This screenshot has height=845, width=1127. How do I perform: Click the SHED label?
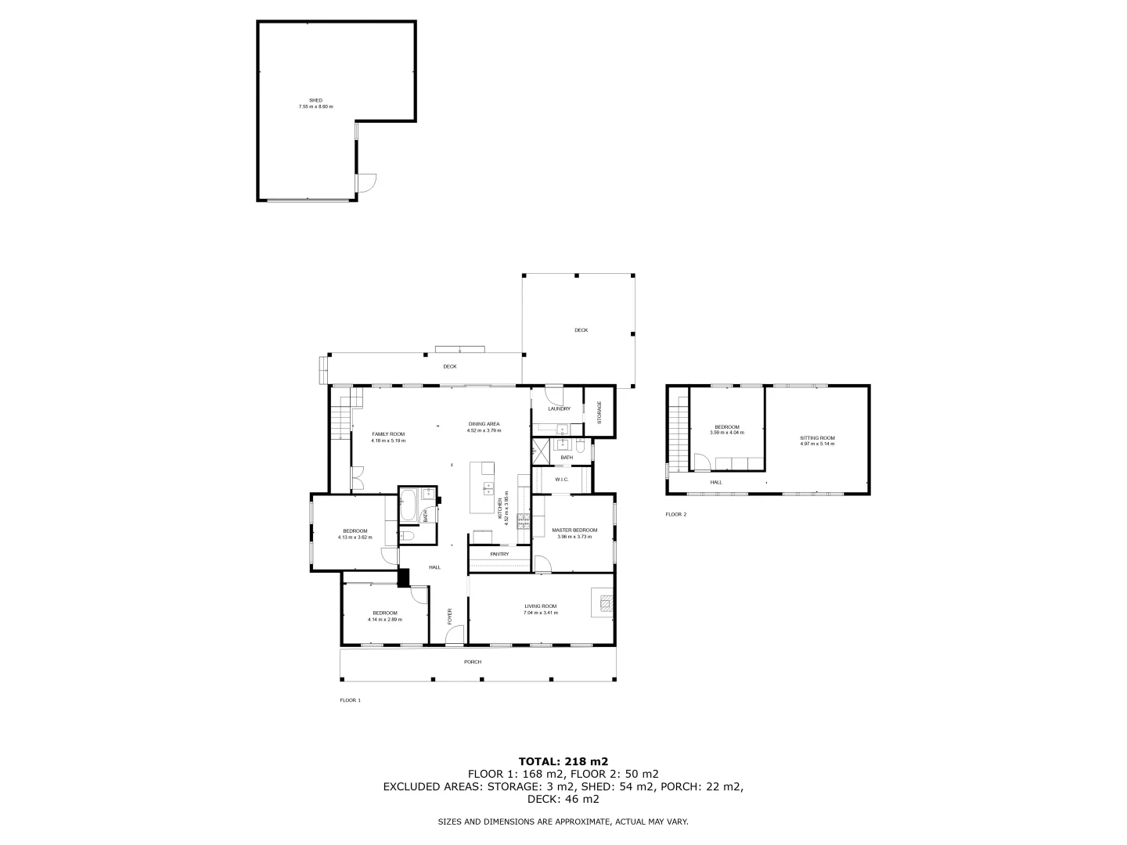point(315,100)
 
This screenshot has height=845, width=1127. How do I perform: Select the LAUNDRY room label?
point(559,408)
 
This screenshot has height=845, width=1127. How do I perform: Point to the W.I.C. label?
point(561,480)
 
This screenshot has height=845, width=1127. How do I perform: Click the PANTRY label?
point(499,554)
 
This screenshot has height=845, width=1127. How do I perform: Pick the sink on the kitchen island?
point(488,487)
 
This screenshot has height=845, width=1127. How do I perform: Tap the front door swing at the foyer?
point(453,637)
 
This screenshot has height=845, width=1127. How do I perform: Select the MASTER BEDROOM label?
point(574,530)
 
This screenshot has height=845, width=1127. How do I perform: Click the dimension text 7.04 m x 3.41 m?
point(540,613)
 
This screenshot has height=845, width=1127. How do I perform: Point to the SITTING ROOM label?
point(817,437)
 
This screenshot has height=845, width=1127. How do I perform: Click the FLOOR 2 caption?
point(675,514)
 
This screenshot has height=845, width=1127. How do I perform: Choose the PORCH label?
point(473,662)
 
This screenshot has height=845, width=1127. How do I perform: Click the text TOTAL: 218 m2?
point(563,760)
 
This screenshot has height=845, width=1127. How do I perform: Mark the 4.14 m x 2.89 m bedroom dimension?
point(384,619)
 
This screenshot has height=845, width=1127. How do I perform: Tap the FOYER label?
point(449,617)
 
